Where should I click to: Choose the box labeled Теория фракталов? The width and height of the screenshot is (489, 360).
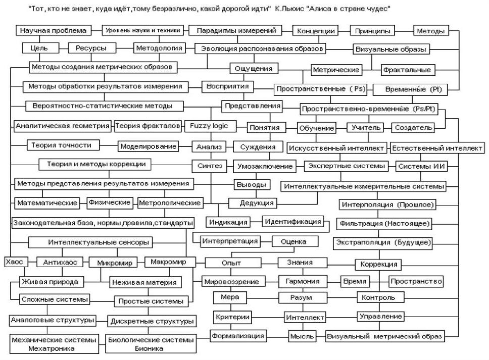coord(148,126)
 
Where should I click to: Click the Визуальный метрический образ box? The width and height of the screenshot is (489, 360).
coord(385,336)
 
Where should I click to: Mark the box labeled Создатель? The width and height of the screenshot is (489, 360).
coord(414,128)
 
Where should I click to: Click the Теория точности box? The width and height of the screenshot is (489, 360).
coord(62,145)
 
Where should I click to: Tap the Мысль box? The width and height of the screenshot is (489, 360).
coord(302,336)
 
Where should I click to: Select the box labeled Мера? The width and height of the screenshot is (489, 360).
coord(226,297)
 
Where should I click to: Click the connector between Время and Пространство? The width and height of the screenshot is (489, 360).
coord(378,281)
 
